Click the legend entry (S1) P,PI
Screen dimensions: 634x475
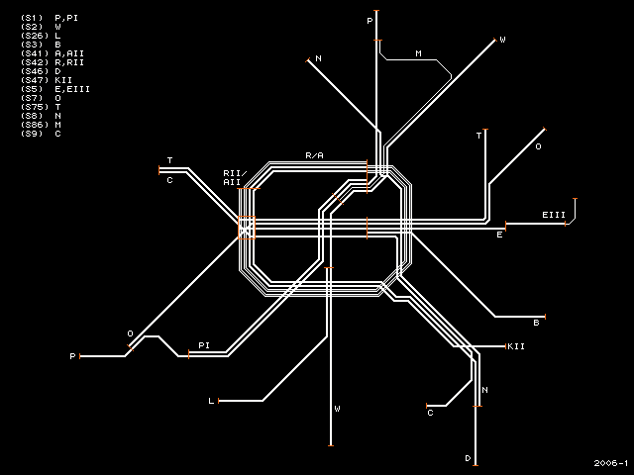click(x=50, y=18)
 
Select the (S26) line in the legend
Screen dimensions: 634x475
click(x=41, y=36)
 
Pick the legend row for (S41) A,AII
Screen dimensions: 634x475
click(x=53, y=53)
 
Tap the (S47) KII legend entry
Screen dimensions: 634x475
click(x=47, y=80)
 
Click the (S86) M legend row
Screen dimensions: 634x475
click(x=41, y=125)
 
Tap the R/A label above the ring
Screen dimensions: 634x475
click(x=314, y=155)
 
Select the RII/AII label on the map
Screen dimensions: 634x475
click(x=235, y=178)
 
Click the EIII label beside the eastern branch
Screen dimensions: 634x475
click(x=554, y=215)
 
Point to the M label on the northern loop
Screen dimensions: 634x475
click(x=418, y=53)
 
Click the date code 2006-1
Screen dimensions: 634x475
click(x=611, y=463)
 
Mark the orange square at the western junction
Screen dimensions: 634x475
click(x=247, y=229)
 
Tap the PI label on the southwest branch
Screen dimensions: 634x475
click(x=204, y=345)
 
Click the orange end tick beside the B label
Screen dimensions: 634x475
click(x=545, y=317)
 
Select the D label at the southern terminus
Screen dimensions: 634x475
click(x=468, y=458)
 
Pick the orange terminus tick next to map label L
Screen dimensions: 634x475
click(x=219, y=401)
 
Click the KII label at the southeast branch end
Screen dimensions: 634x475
click(x=516, y=346)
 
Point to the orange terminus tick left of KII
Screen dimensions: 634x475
click(x=506, y=346)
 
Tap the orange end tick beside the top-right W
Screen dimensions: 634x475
click(x=495, y=40)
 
